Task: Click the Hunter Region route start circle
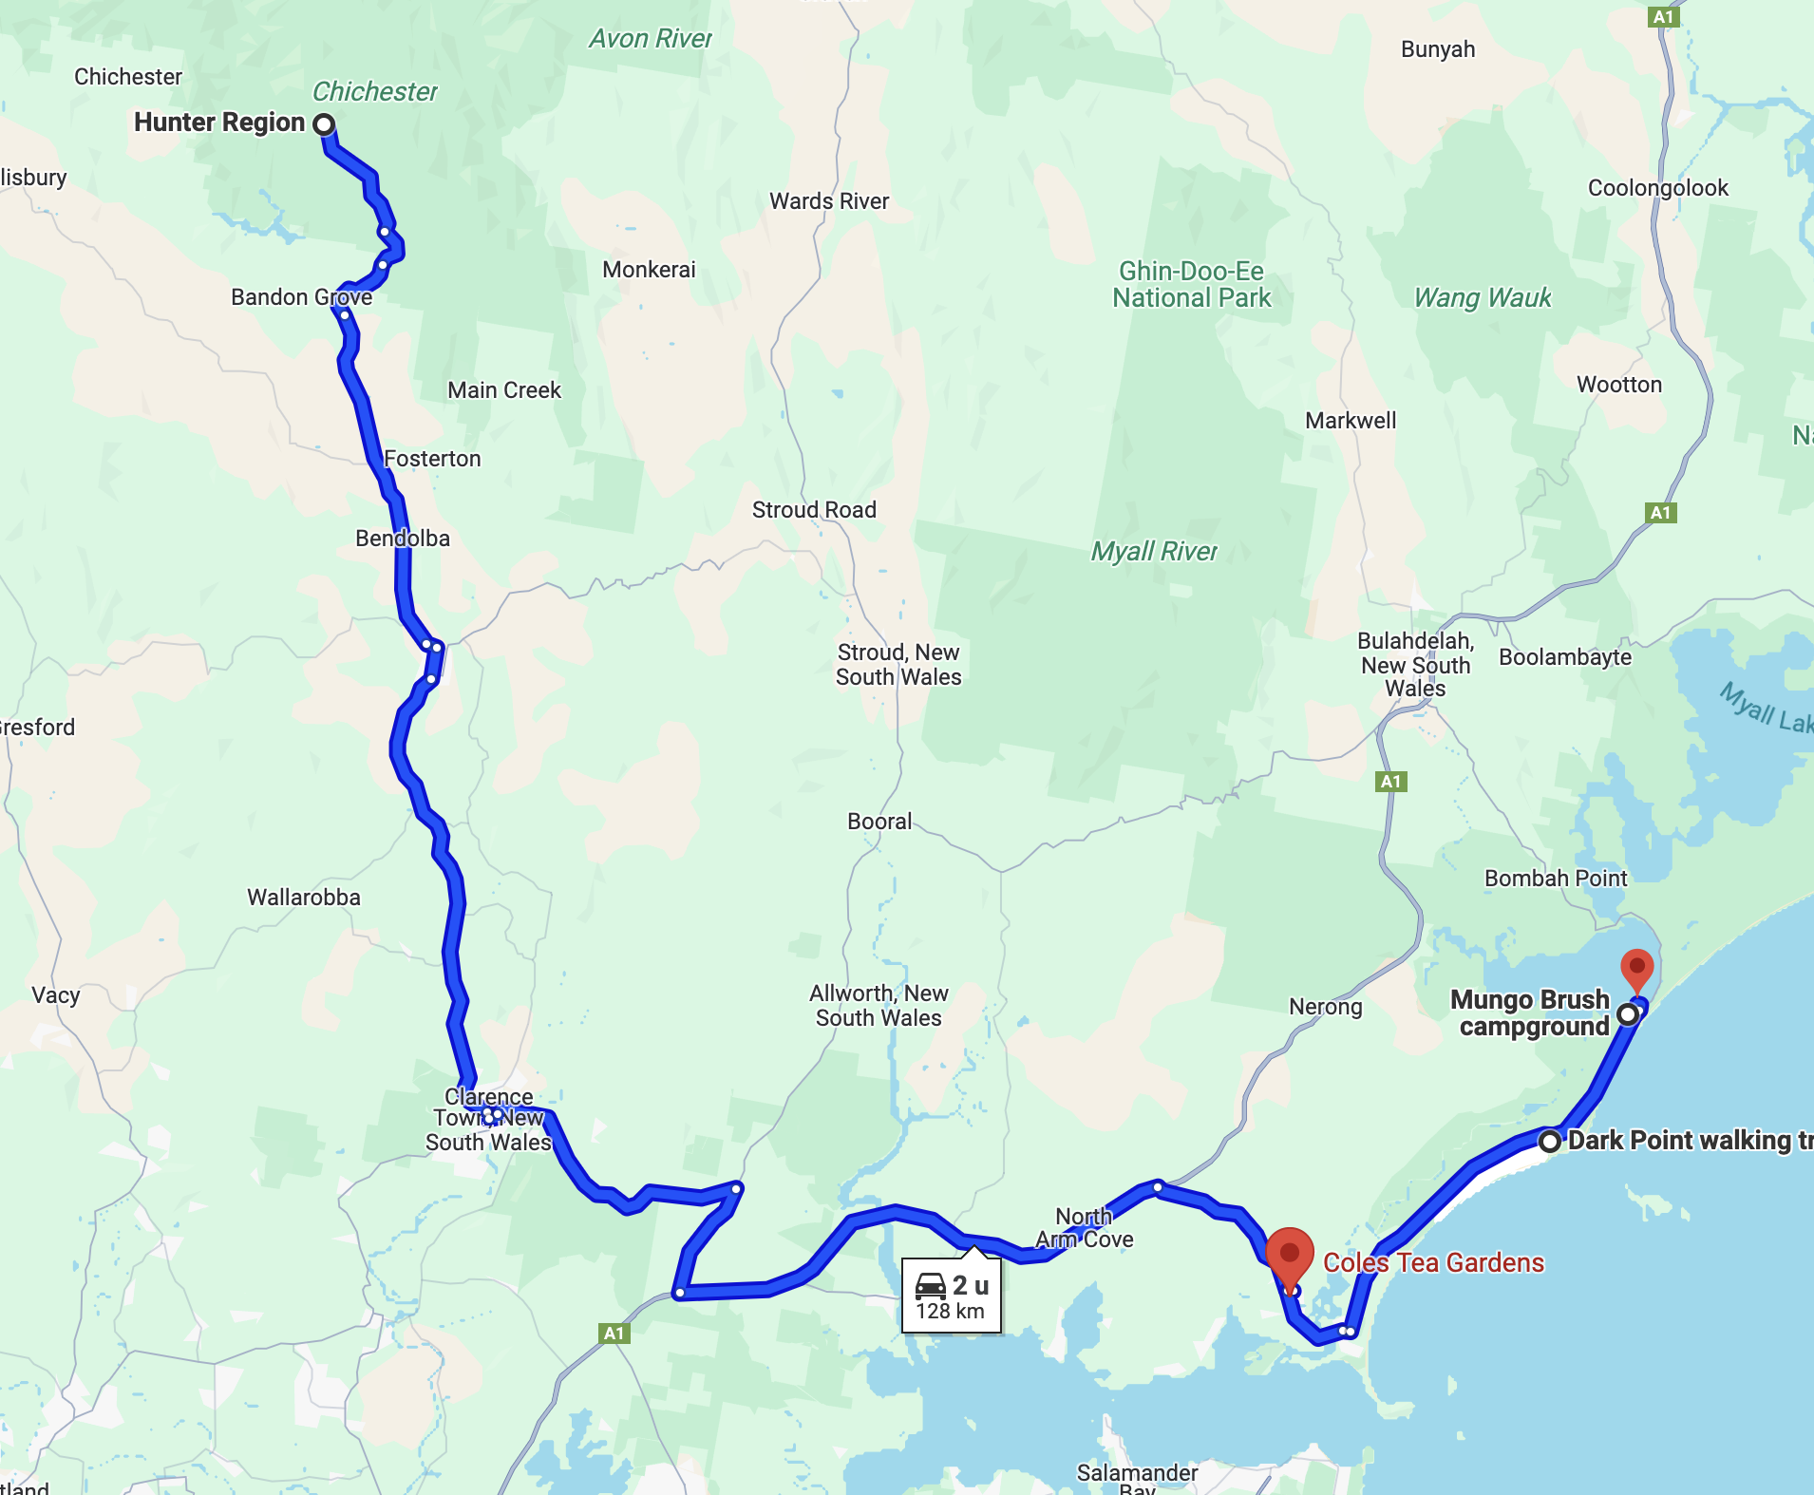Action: pyautogui.click(x=324, y=124)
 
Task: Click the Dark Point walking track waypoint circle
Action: pyautogui.click(x=1550, y=1141)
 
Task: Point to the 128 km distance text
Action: pyautogui.click(x=950, y=1312)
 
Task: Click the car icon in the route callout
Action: pyautogui.click(x=930, y=1286)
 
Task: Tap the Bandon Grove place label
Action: pyautogui.click(x=301, y=297)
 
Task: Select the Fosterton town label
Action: pyautogui.click(x=432, y=459)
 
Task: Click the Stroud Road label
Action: pyautogui.click(x=814, y=510)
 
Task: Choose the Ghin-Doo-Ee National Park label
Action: pyautogui.click(x=1191, y=285)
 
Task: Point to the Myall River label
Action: pyautogui.click(x=1153, y=552)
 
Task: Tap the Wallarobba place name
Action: pyautogui.click(x=304, y=898)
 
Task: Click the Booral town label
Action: pyautogui.click(x=879, y=822)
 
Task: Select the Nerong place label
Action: pyautogui.click(x=1325, y=1007)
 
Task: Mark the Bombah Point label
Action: pyautogui.click(x=1556, y=879)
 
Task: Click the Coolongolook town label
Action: pyautogui.click(x=1658, y=188)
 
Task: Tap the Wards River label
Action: pyautogui.click(x=829, y=201)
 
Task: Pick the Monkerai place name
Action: pyautogui.click(x=649, y=270)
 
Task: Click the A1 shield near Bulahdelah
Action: pyautogui.click(x=1390, y=782)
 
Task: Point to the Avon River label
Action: pyautogui.click(x=651, y=39)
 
